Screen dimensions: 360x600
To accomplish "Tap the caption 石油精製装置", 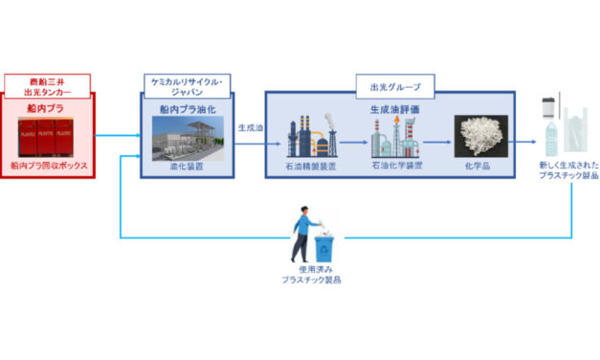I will pyautogui.click(x=311, y=165).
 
